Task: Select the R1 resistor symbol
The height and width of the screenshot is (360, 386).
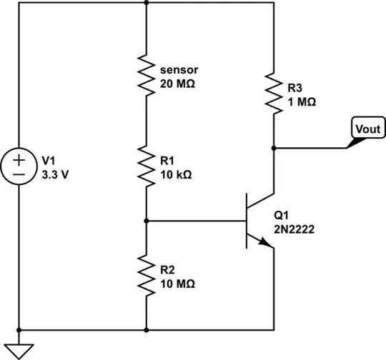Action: point(146,167)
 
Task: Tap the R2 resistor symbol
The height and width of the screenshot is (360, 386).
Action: point(146,276)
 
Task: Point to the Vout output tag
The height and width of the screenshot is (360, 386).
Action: point(367,129)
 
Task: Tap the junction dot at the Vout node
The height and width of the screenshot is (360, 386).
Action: point(274,148)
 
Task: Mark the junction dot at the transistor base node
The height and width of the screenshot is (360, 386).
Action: point(146,221)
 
